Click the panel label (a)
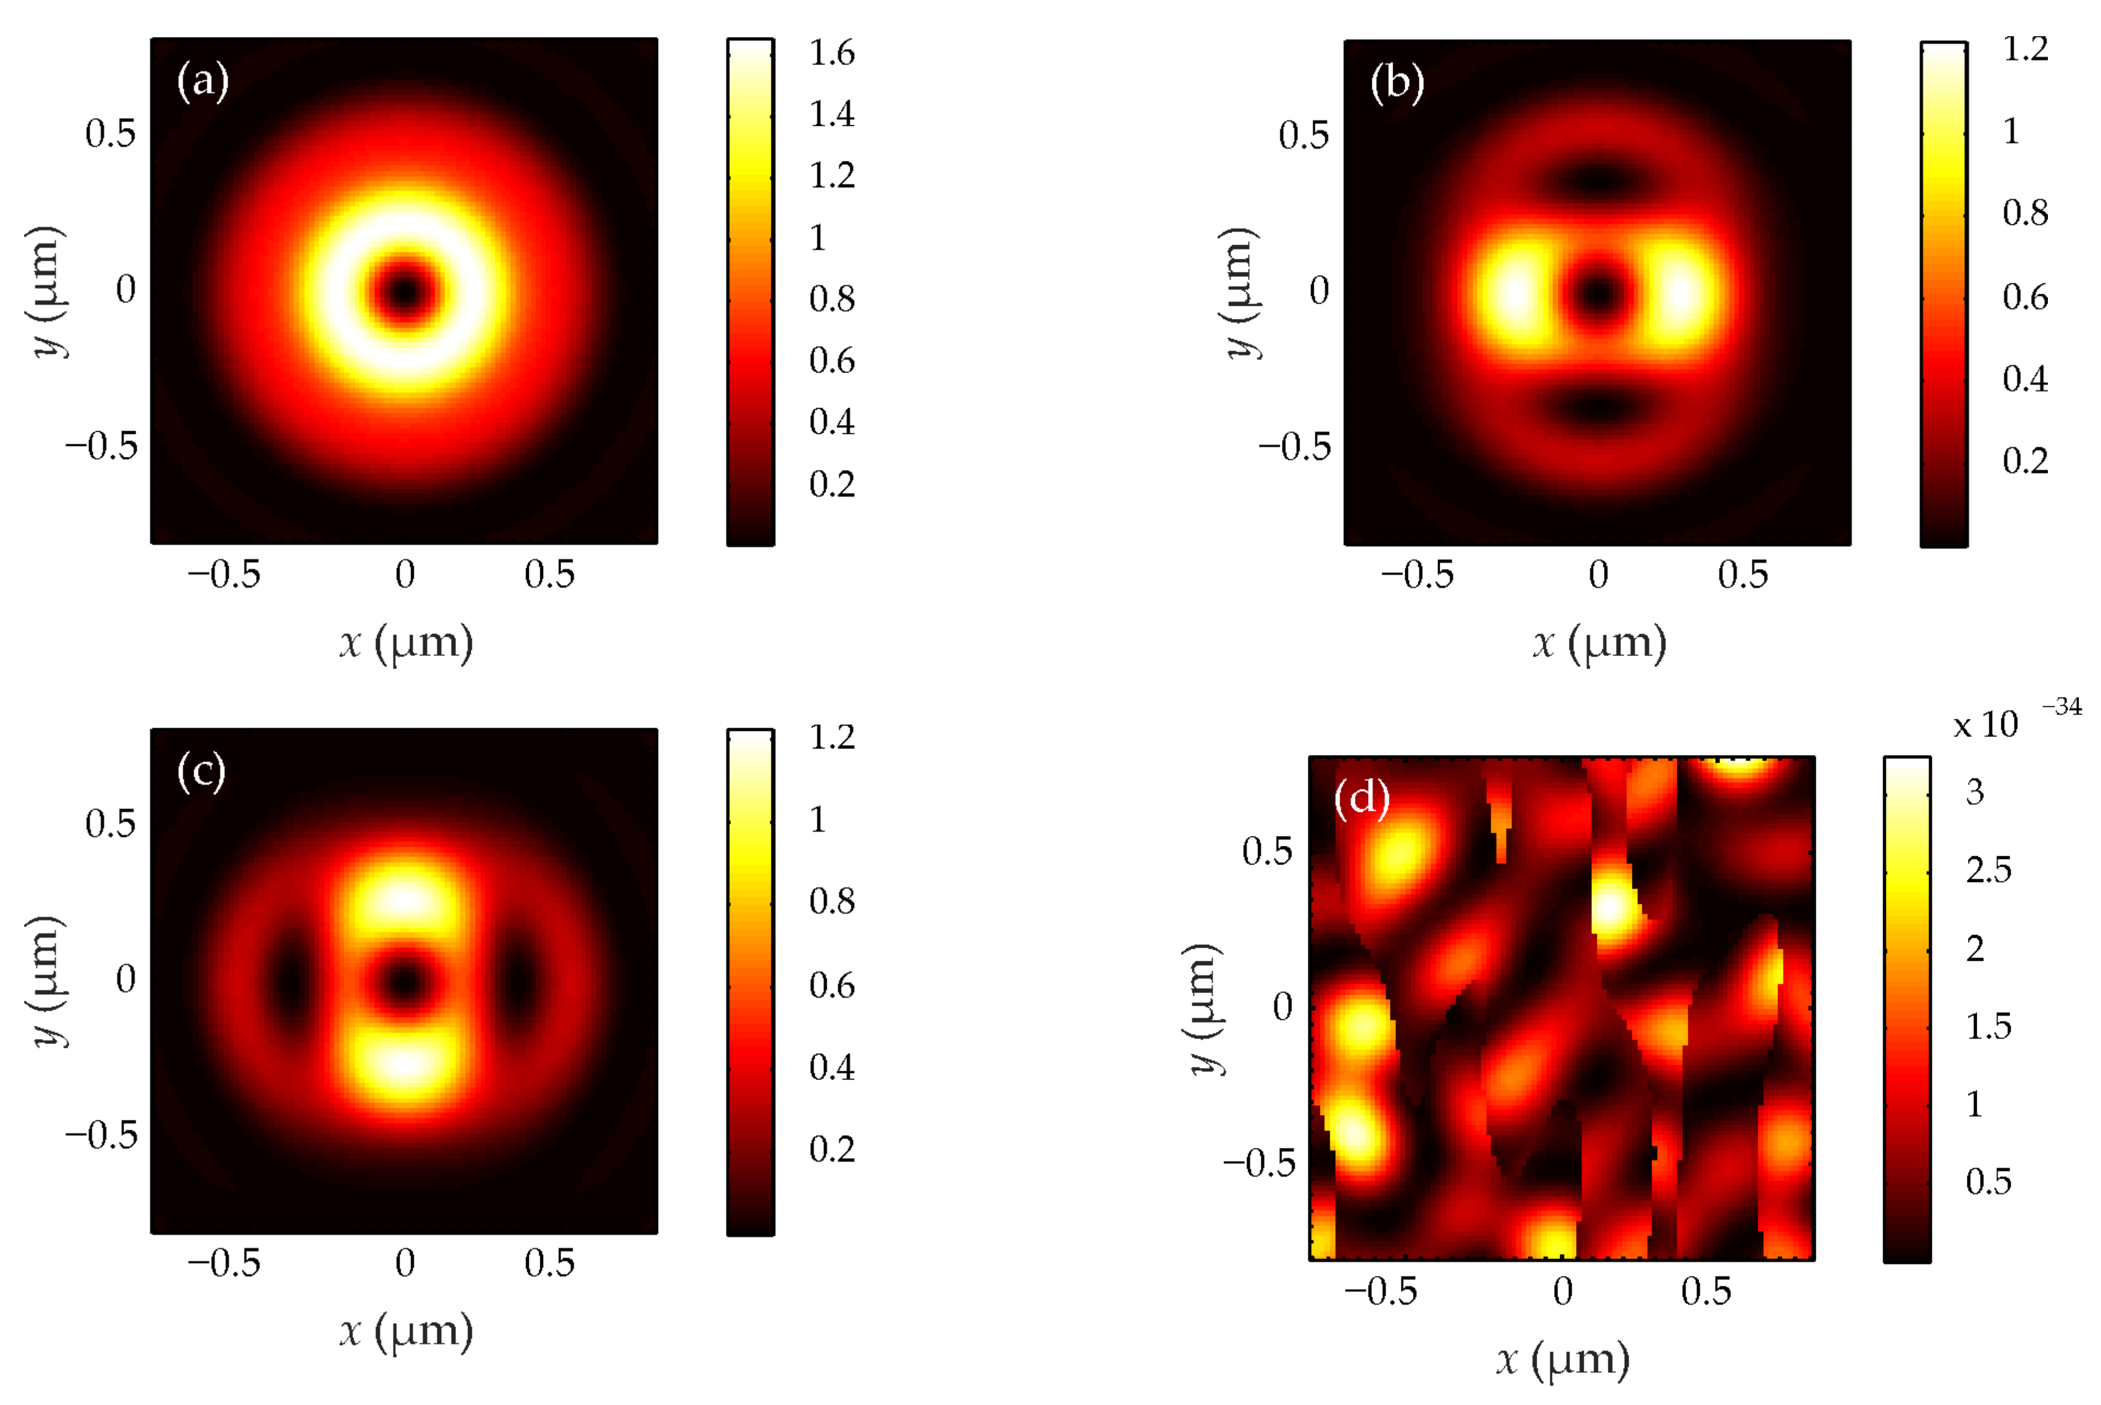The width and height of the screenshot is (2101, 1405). pos(203,82)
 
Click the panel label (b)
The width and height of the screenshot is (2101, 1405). pos(1396,83)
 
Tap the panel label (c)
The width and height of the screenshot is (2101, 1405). pos(201,771)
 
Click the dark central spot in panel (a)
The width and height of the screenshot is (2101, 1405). pos(405,291)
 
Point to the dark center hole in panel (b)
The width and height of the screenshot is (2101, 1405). pos(1597,292)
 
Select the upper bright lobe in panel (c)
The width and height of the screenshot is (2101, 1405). pos(405,901)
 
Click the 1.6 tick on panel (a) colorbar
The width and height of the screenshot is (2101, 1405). pos(832,54)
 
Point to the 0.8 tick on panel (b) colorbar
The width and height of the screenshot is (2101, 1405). pos(2025,213)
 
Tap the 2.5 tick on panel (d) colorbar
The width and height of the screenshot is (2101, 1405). pos(1988,870)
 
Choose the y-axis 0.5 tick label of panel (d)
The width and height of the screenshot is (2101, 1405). pos(1267,851)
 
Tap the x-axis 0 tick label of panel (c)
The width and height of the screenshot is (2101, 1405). pos(405,1263)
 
